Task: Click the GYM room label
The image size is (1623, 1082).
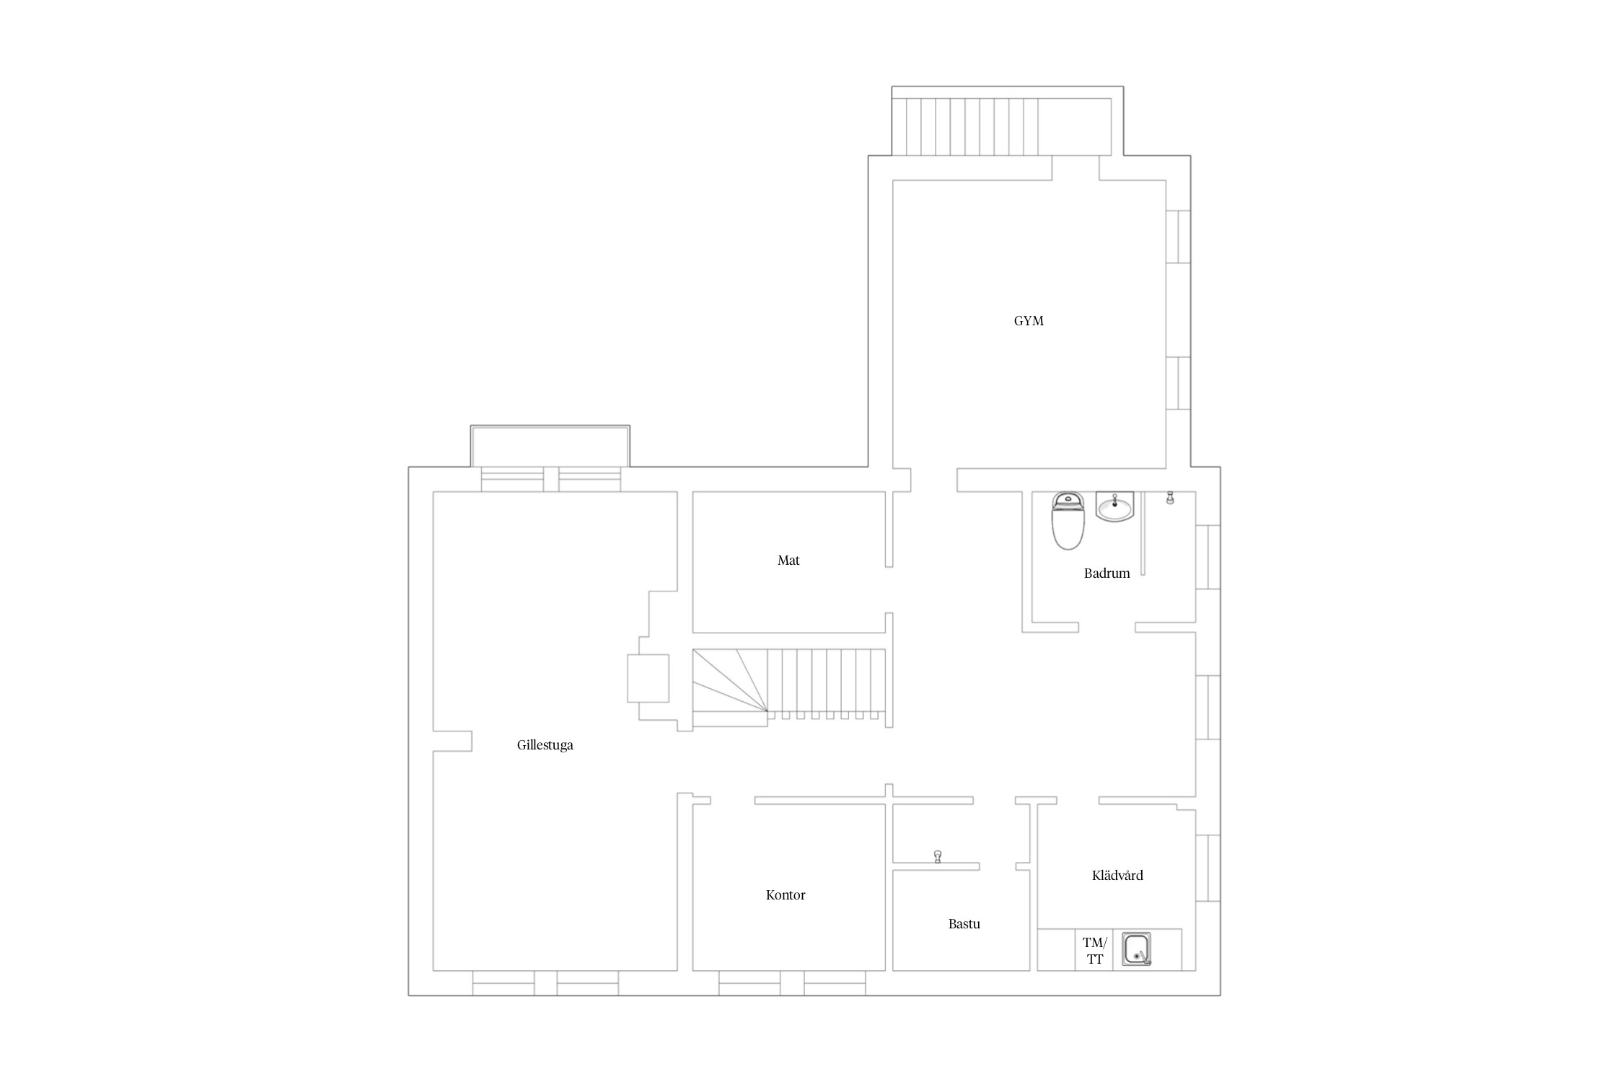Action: pos(1029,321)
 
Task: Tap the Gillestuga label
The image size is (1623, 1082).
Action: pos(545,745)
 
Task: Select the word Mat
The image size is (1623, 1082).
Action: pos(788,560)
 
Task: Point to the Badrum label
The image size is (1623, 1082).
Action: pos(1107,573)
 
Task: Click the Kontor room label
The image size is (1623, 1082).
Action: pos(786,895)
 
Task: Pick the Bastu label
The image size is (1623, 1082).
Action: pos(964,924)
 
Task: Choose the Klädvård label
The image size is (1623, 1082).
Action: pos(1117,876)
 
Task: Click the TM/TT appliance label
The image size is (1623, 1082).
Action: pos(1095,951)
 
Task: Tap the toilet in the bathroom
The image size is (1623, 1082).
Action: pos(1068,521)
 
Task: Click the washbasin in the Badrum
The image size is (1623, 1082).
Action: pos(1115,506)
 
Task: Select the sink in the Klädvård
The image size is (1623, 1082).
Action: pos(1137,949)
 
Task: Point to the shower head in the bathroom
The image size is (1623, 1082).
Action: pos(1170,498)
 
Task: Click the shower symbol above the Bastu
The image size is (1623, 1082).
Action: pos(938,856)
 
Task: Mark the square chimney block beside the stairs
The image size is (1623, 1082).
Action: pos(648,678)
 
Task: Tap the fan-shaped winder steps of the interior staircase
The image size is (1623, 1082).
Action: pos(729,680)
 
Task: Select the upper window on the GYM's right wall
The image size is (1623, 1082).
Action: pos(1178,237)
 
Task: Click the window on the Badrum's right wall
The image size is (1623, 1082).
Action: pos(1208,558)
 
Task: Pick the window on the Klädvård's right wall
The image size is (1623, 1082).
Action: pos(1208,868)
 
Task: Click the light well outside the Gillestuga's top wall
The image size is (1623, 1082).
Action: pos(550,447)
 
